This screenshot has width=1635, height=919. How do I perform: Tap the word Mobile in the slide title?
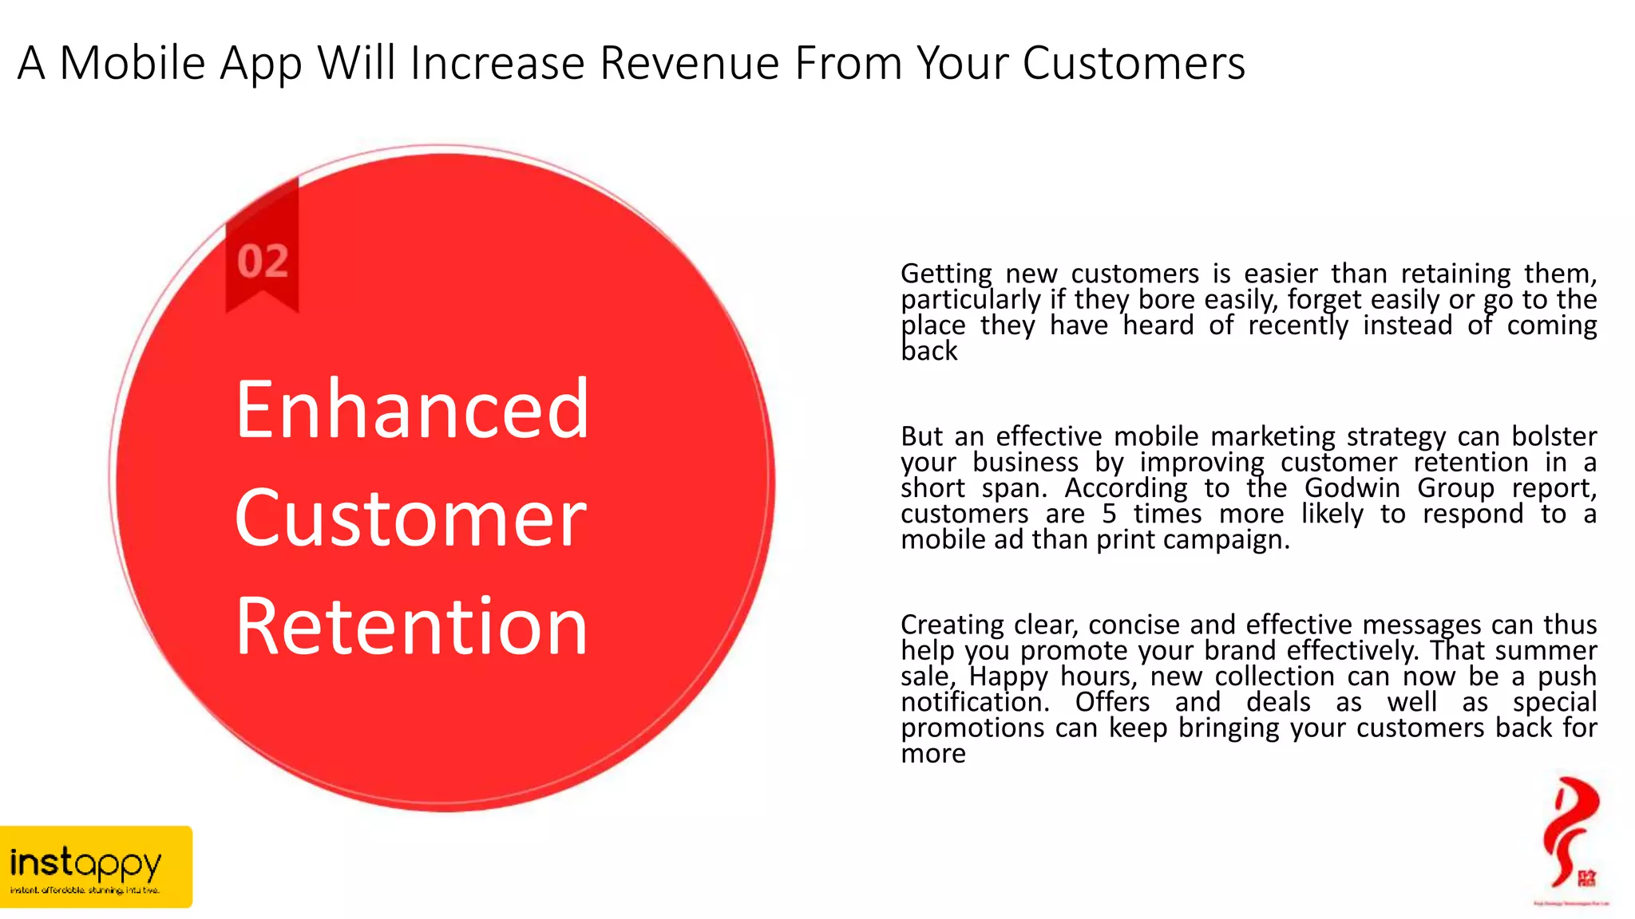tap(133, 63)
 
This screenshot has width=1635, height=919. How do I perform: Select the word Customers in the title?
tap(1133, 63)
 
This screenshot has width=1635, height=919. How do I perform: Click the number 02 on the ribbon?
tap(263, 262)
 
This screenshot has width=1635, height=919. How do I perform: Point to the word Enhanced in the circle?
tap(412, 409)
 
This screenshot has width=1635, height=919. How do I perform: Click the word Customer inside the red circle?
tap(410, 519)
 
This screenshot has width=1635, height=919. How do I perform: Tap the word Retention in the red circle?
tap(412, 628)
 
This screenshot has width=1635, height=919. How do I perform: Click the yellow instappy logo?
tap(95, 866)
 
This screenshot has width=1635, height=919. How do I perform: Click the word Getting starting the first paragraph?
tap(946, 274)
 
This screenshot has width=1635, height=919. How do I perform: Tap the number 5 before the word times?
tap(1109, 515)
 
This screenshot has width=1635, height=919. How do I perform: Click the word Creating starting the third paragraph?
tap(952, 625)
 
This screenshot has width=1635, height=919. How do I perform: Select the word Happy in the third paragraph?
tap(1008, 677)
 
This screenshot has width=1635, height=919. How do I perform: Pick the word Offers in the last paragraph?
tap(1112, 703)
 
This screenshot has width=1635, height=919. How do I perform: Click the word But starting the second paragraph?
tap(921, 437)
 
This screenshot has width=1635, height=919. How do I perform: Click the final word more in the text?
tap(932, 754)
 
